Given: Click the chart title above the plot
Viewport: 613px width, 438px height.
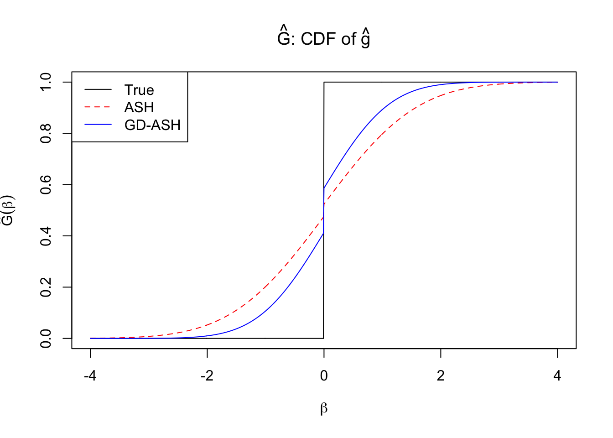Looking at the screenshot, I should pyautogui.click(x=323, y=38).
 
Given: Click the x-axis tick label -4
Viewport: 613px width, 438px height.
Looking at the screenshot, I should pyautogui.click(x=90, y=376).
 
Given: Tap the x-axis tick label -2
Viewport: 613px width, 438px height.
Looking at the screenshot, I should pyautogui.click(x=207, y=376).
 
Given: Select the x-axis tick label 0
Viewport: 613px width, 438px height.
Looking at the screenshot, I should pyautogui.click(x=324, y=376).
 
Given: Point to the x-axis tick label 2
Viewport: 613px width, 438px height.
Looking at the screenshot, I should pyautogui.click(x=441, y=376).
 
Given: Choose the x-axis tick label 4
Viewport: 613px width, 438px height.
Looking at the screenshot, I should pyautogui.click(x=557, y=376).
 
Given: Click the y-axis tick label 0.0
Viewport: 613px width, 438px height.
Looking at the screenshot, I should pyautogui.click(x=46, y=339).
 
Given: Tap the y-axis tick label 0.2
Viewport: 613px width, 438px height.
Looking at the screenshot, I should pyautogui.click(x=46, y=287).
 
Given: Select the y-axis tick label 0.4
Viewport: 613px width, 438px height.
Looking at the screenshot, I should pyautogui.click(x=46, y=236).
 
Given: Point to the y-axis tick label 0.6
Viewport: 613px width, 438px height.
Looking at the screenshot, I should pyautogui.click(x=46, y=185).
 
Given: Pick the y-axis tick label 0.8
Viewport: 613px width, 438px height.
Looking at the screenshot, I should pyautogui.click(x=46, y=133).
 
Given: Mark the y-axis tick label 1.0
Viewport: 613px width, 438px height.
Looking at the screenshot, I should pyautogui.click(x=46, y=82).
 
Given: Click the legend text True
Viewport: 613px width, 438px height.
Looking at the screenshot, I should pyautogui.click(x=139, y=90).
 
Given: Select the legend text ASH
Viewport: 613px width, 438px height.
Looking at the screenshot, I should pyautogui.click(x=139, y=107).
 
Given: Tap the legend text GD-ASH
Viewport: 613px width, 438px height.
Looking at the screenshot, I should pyautogui.click(x=152, y=125).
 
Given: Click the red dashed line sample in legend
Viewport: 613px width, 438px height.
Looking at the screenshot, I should pyautogui.click(x=98, y=107).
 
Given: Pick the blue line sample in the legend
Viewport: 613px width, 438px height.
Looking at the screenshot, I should pyautogui.click(x=98, y=125).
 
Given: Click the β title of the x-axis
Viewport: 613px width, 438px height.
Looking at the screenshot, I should pyautogui.click(x=324, y=408).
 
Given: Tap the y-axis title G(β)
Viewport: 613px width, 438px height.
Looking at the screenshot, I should pyautogui.click(x=8, y=210).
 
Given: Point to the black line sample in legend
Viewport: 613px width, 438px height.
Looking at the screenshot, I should pyautogui.click(x=98, y=89).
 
